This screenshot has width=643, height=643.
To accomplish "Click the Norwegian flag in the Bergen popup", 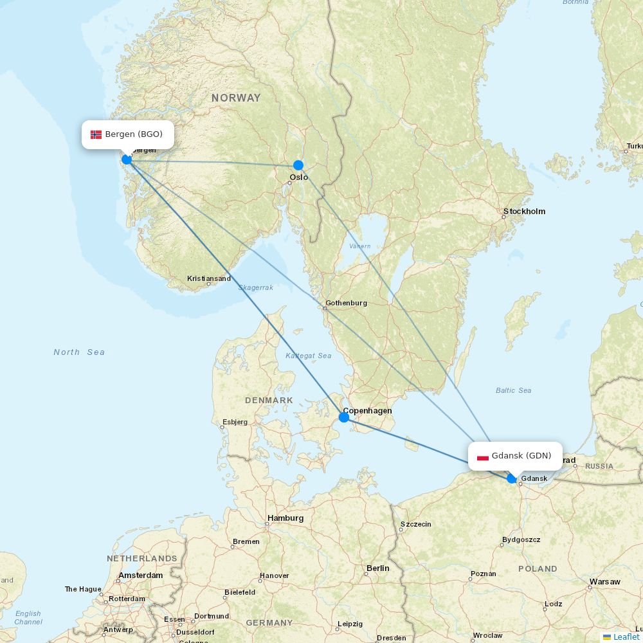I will (x=96, y=134).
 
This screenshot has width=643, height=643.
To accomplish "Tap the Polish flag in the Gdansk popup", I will (x=483, y=457).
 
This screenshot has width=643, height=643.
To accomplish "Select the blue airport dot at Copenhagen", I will (x=344, y=417).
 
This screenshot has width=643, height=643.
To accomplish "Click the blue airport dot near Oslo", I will (x=298, y=165).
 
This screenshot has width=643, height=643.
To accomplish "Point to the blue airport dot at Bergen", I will (x=127, y=159).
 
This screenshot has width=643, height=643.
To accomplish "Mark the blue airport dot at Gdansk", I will (x=512, y=478).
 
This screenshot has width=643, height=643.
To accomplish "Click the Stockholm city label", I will (x=524, y=212).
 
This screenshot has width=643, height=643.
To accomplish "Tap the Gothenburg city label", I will (x=346, y=303).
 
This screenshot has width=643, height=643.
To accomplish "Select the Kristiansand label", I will (x=209, y=278).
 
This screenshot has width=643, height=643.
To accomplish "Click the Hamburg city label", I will (x=285, y=518).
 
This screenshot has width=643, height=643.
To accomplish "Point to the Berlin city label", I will (x=377, y=568).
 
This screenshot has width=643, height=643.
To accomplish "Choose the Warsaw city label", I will (x=604, y=582).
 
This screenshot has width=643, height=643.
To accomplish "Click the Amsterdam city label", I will (x=141, y=575).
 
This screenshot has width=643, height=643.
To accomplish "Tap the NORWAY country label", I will (x=236, y=98).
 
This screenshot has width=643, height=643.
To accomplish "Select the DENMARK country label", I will (x=269, y=401).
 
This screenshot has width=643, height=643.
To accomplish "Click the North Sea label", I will (x=79, y=352).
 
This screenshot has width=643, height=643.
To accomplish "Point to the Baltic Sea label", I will (x=513, y=390).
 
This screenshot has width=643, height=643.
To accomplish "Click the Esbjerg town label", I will (x=235, y=422).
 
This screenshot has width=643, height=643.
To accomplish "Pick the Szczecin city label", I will (x=415, y=524).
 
